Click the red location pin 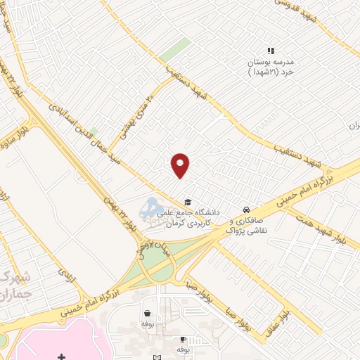click(181, 165)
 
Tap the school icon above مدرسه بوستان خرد click(271, 50)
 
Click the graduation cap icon click(188, 202)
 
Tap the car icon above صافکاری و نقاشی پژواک click(245, 210)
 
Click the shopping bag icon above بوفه click(147, 314)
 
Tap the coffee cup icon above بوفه click(183, 339)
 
